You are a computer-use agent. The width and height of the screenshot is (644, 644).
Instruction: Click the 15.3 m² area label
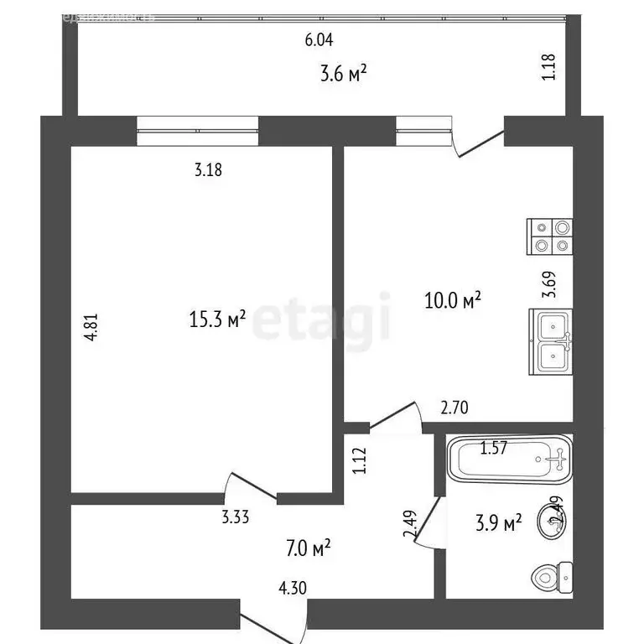point(216,319)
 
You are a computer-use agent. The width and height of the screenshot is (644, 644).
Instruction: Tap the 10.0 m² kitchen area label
point(453,299)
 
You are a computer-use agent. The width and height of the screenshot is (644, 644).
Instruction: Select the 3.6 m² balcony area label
point(344,75)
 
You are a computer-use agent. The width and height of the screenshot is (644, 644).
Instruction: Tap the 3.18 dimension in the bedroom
point(209,171)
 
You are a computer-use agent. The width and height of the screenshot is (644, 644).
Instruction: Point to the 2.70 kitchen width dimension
point(455,408)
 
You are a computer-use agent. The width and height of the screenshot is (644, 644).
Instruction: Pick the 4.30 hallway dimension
point(292,588)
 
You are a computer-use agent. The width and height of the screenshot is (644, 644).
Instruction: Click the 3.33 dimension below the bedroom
point(236,517)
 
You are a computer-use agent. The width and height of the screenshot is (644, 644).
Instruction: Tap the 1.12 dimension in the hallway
point(360,462)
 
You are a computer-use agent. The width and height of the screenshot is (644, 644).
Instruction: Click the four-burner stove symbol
point(549,236)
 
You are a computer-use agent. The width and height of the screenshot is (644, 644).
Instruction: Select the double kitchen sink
point(550,341)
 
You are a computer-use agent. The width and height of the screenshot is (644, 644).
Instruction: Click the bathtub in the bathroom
point(508,459)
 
